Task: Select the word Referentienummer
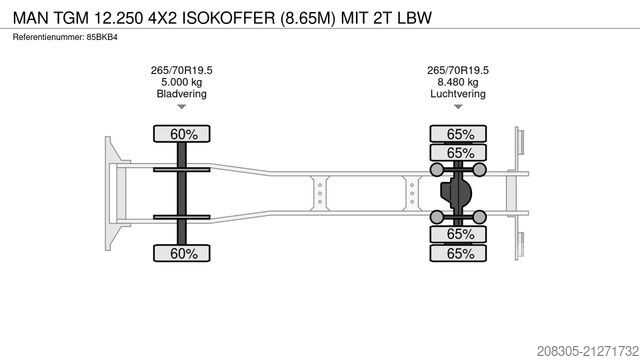47,37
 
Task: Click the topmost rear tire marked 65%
460,133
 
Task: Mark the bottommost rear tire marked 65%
460,254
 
